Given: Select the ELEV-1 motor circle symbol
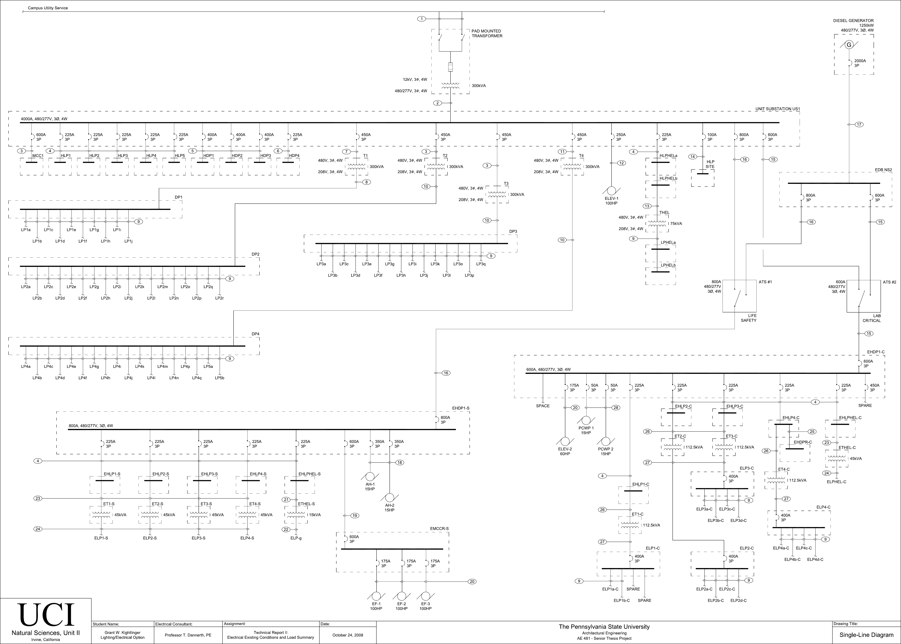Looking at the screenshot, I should coord(611,191).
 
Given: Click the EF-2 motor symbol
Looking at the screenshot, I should coord(402,596).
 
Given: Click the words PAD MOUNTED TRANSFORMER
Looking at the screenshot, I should coord(487,33).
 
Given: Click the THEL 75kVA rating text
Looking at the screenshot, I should coord(676,224).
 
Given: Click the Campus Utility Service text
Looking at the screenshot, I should coord(48,8).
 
